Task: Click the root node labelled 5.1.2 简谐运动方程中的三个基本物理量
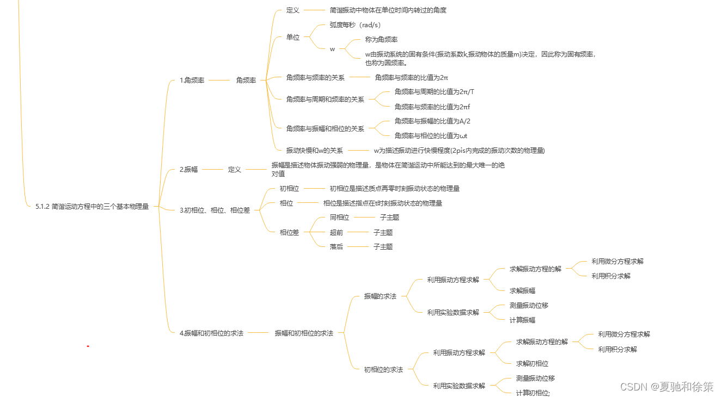(92, 207)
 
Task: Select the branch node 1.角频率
(192, 80)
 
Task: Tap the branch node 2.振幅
(188, 170)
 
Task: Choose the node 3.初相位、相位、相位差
(215, 210)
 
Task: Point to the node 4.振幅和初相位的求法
(211, 333)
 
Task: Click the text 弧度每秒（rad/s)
(355, 25)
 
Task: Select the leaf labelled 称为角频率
(381, 40)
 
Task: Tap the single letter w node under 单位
(332, 49)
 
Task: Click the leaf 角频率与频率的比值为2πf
(432, 107)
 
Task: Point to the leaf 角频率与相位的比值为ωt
(431, 136)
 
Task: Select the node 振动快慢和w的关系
(315, 151)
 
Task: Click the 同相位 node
(339, 218)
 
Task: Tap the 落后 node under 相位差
(336, 247)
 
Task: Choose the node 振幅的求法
(380, 296)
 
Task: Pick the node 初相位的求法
(383, 370)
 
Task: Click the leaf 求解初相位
(532, 364)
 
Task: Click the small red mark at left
(88, 346)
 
